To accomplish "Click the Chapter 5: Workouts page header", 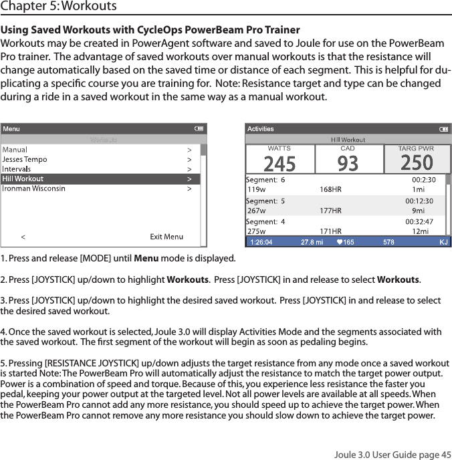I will (x=59, y=7).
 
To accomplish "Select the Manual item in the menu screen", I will (x=15, y=150).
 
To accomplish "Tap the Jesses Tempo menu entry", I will (x=25, y=160).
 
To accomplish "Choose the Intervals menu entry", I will (x=17, y=169).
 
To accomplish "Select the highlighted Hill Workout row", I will (x=23, y=179).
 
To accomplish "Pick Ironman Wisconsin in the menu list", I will (x=33, y=189).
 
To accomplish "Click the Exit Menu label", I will (x=166, y=237).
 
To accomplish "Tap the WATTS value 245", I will (x=280, y=162).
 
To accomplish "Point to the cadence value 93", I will (x=348, y=162).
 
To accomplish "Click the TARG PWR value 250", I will (x=416, y=162).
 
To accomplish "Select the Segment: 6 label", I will (x=265, y=179).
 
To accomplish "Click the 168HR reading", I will (x=330, y=189).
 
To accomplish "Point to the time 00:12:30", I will (x=420, y=201).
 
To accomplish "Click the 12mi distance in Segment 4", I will (x=420, y=231).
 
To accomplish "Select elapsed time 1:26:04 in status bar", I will (x=261, y=242).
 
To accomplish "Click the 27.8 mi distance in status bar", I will (x=312, y=242).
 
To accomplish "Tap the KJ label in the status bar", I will (x=443, y=242).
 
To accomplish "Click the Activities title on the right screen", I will (x=261, y=129).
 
